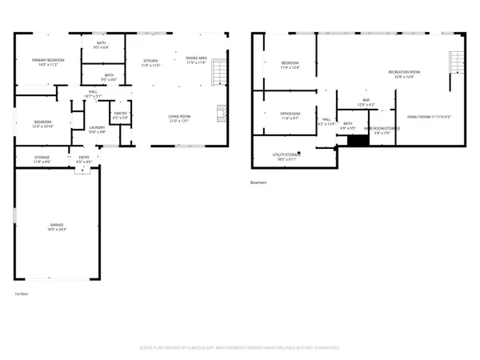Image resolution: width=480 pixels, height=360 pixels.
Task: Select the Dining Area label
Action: coord(197,58)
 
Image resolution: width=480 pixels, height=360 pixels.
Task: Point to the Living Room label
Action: coord(178,118)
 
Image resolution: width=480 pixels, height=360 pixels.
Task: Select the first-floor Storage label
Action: coord(42,158)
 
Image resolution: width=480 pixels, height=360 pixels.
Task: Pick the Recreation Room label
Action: coord(404,73)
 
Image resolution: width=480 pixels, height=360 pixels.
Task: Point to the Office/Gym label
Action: coord(290,116)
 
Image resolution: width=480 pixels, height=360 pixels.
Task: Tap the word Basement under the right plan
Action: coord(258,182)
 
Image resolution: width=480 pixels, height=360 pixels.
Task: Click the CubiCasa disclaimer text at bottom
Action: coord(240,348)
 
